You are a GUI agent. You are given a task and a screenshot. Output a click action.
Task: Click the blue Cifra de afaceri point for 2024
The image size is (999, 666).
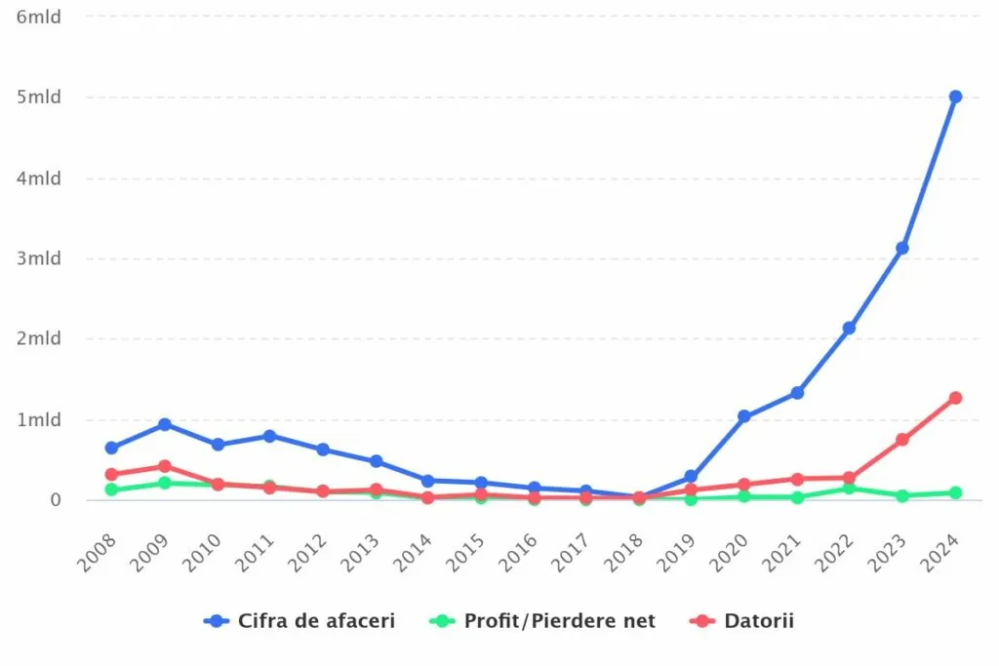[955, 97]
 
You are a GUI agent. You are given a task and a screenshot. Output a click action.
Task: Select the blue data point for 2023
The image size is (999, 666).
[902, 248]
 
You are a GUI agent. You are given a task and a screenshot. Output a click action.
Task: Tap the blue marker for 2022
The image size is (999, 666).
[850, 328]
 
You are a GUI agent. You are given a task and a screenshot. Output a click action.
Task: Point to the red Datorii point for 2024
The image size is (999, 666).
[955, 398]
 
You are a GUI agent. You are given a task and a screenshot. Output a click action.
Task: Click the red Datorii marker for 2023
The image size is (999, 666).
[902, 440]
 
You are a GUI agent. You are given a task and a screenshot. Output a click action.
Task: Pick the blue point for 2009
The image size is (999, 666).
[165, 424]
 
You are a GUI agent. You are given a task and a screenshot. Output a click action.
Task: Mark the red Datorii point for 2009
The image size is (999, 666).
[165, 466]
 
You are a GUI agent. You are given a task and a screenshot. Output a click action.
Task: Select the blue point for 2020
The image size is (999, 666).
[744, 416]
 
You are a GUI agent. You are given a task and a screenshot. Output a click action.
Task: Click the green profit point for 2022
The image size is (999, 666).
[850, 488]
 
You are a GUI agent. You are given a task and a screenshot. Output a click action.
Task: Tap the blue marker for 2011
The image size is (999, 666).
[270, 436]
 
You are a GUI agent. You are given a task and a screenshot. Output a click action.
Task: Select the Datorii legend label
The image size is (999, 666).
[758, 621]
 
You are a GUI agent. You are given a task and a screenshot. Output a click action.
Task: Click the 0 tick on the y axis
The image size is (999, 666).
[56, 500]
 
